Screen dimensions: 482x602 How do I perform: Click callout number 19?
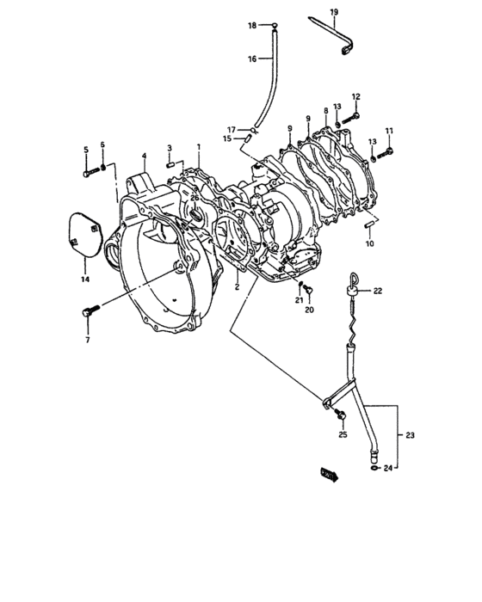334,12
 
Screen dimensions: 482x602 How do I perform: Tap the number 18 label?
252,26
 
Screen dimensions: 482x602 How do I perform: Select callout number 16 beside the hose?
252,59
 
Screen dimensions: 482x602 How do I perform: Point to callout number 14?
85,279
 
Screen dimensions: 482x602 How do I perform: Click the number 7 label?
88,340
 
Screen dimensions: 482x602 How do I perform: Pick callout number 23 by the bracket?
410,435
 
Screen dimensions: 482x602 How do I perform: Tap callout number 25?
343,434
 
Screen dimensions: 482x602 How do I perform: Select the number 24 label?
388,468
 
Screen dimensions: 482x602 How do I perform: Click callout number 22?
378,291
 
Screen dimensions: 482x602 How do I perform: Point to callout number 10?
369,243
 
